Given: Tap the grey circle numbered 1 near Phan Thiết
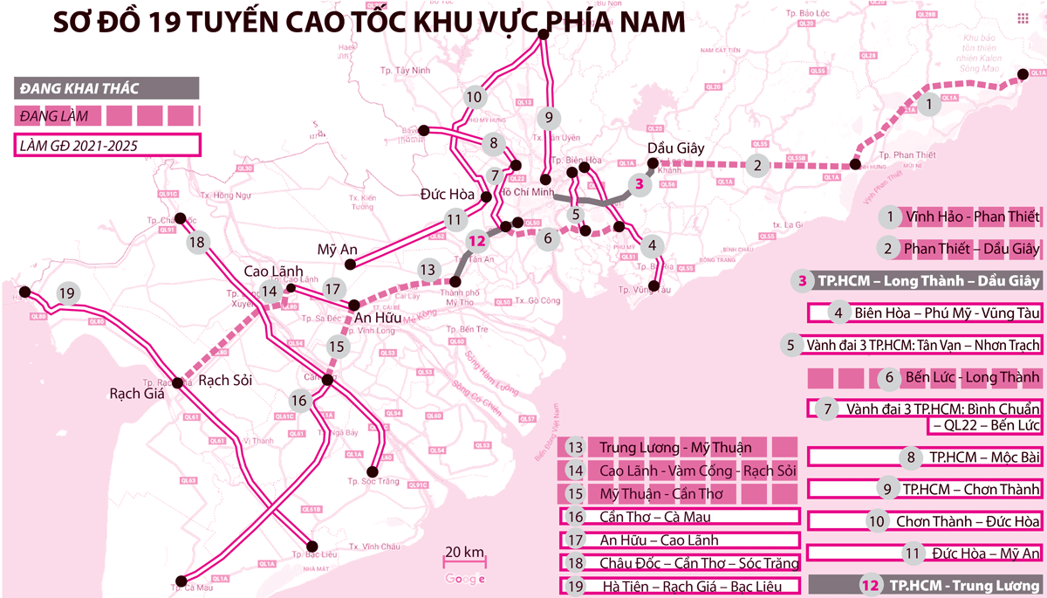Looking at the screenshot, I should (930, 105).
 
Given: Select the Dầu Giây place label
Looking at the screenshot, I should (675, 148).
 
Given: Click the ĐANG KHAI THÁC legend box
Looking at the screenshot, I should (106, 88).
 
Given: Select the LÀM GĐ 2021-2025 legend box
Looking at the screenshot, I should (106, 144).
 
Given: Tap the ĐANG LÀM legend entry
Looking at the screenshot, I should (106, 115).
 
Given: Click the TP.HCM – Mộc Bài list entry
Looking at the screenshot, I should (925, 457).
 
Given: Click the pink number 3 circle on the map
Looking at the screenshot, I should (640, 184).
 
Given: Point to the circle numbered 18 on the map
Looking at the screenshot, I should (197, 242).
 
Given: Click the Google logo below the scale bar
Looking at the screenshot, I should (464, 579).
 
